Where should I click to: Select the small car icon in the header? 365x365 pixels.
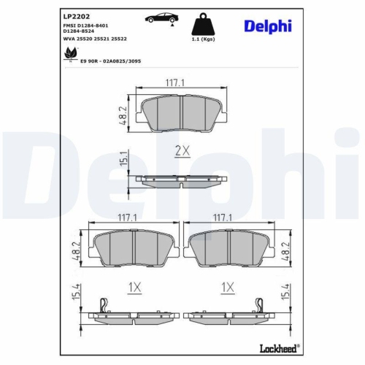pyautogui.click(x=161, y=19)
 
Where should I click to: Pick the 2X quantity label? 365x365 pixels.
pyautogui.click(x=182, y=151)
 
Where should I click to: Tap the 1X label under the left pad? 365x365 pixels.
pyautogui.click(x=134, y=288)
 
